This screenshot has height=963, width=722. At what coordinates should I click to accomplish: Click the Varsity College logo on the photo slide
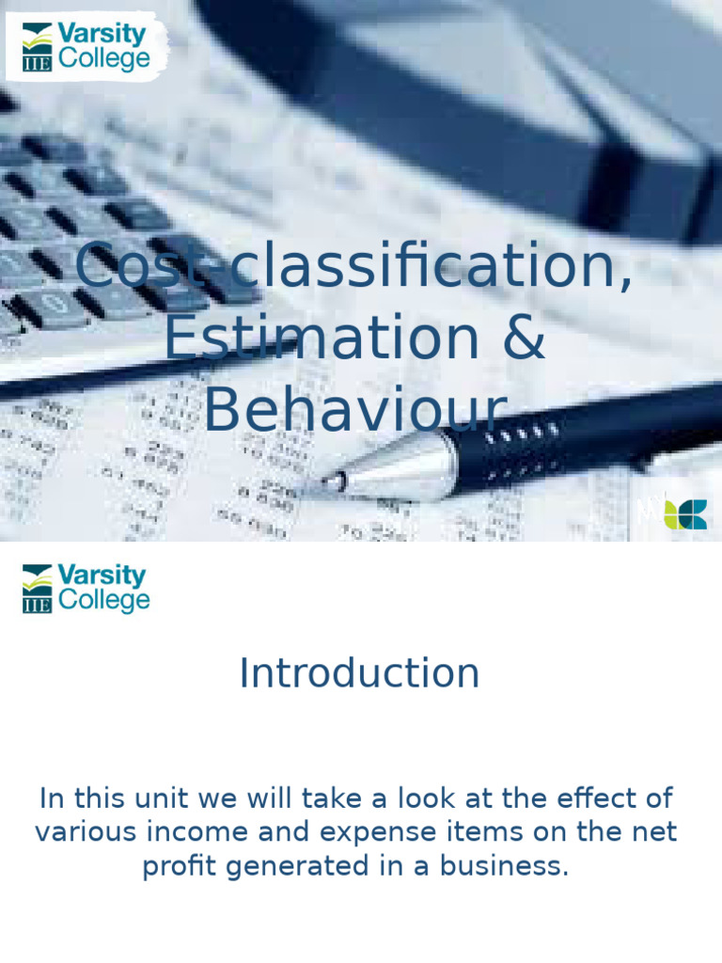click(x=86, y=47)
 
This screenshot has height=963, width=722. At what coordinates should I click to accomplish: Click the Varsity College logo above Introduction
click(x=86, y=589)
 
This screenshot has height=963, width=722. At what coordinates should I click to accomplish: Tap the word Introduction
click(x=359, y=673)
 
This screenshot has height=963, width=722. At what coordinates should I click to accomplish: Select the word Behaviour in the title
click(x=355, y=411)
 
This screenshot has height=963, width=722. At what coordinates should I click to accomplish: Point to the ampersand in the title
click(x=524, y=339)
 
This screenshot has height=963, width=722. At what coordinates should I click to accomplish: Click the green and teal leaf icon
click(x=685, y=513)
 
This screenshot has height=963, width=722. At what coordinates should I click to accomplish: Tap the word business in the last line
click(x=518, y=866)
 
